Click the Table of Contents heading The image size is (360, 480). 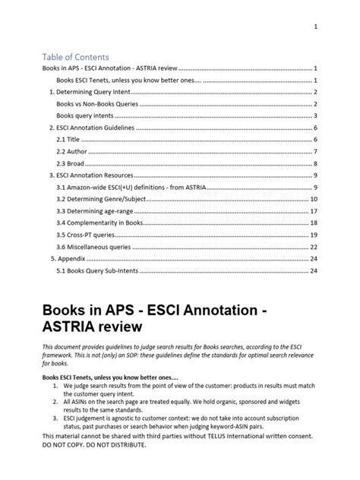(x=76, y=57)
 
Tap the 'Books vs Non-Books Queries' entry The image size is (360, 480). (x=96, y=104)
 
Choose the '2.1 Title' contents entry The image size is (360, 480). (x=68, y=140)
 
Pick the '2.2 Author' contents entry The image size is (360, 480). (x=71, y=152)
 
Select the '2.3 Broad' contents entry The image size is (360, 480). (x=70, y=163)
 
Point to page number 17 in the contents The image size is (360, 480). (x=313, y=211)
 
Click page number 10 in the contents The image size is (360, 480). (x=313, y=199)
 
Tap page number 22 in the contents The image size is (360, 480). (x=313, y=247)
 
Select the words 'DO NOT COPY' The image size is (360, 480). (x=68, y=445)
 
